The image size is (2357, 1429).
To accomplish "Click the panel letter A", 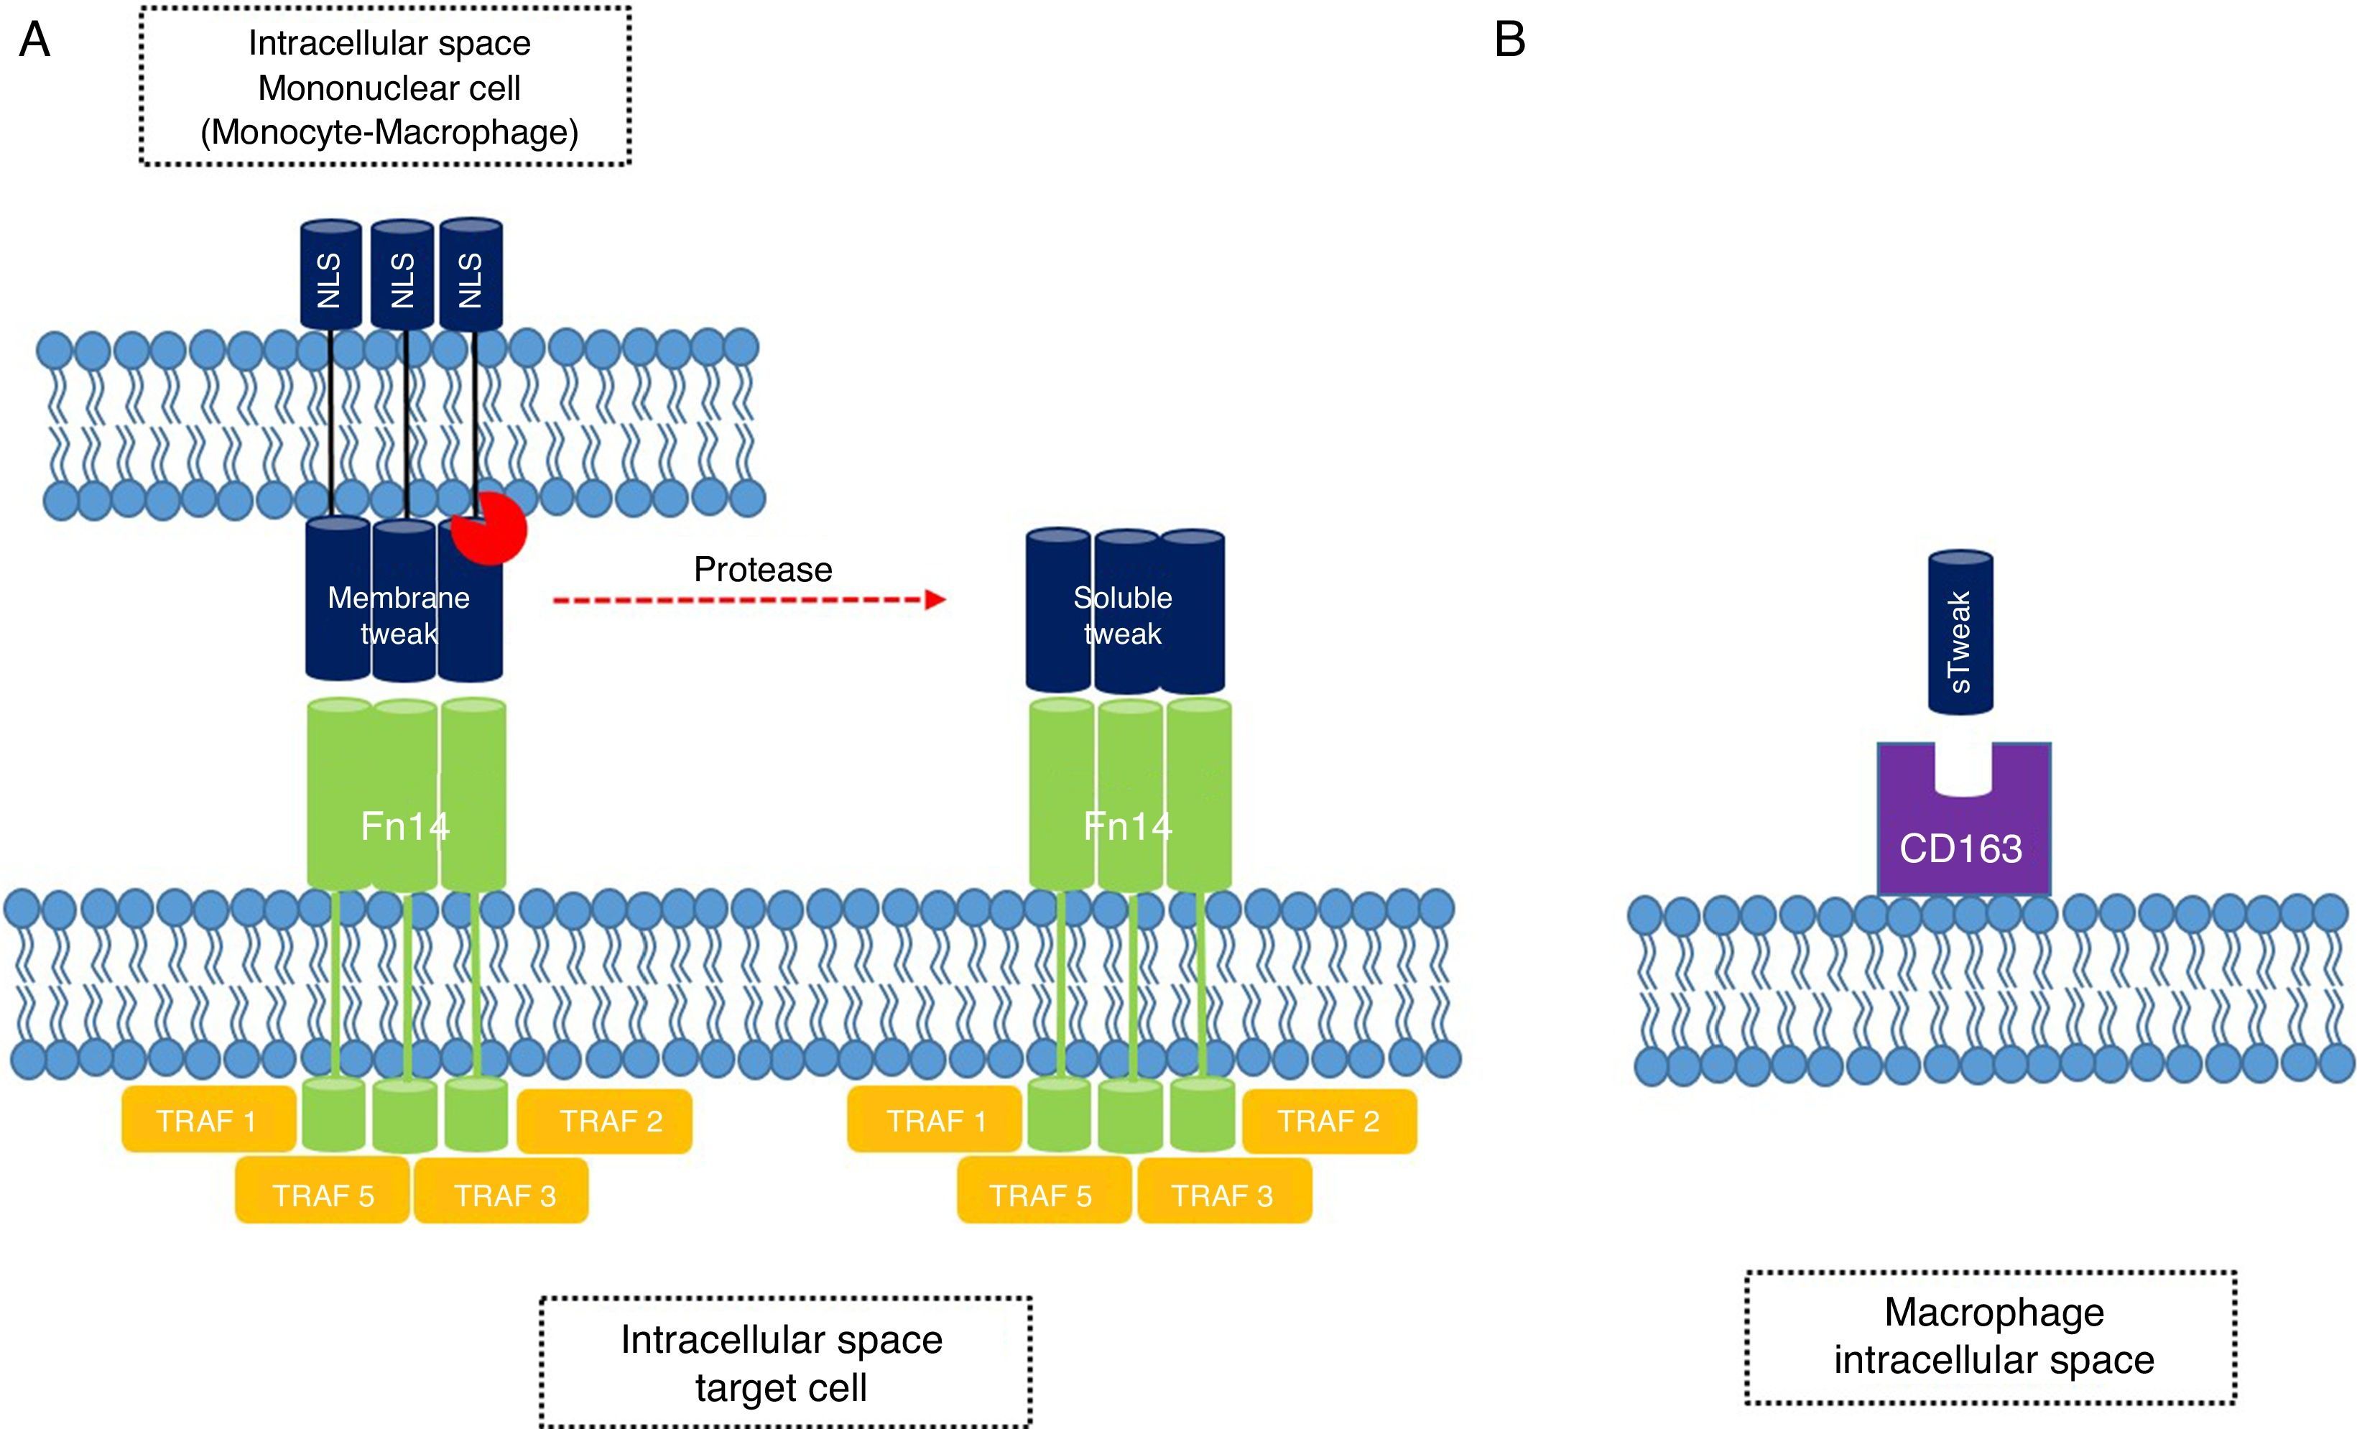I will (x=34, y=40).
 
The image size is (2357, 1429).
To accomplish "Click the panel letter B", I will (x=1509, y=40).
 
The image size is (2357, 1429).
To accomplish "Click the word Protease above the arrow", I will (x=762, y=569).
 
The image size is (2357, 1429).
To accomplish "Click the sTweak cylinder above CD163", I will (x=1960, y=633).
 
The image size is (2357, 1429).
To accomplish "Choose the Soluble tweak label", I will (x=1123, y=615).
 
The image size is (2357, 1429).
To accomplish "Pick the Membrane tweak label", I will (x=399, y=615).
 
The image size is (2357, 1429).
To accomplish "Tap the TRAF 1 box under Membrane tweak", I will (x=208, y=1120).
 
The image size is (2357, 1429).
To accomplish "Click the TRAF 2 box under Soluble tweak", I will (x=1329, y=1121).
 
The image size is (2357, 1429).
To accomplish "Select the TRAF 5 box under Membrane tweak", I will (x=323, y=1195).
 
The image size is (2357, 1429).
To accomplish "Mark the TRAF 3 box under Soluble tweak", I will (x=1223, y=1195).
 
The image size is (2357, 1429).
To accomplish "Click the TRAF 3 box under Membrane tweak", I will (x=504, y=1195).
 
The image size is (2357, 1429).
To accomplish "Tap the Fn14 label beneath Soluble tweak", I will (x=1128, y=826).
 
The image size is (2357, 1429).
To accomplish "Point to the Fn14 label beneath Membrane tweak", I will (x=404, y=826).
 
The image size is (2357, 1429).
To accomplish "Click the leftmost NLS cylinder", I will (x=330, y=277).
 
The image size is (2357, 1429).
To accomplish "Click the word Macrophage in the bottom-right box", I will (x=1994, y=1313).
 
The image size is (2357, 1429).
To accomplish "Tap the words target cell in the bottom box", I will (x=781, y=1388).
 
